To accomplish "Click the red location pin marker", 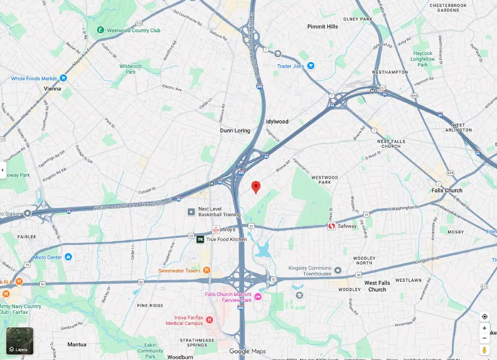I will click(256, 186).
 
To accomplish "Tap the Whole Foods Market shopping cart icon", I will click(64, 78).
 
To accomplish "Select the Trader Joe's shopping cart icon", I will click(311, 66).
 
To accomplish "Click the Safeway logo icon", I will click(332, 226).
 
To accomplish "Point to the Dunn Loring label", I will click(235, 131).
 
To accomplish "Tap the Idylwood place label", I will click(277, 121).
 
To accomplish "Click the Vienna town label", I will click(52, 89).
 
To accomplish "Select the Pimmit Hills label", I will click(322, 27).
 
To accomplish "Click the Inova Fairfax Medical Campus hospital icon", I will click(209, 320).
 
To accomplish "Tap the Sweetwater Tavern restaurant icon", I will click(207, 270).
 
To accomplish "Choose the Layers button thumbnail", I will click(20, 341).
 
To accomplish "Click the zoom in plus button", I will click(484, 328).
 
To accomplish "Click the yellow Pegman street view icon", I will click(484, 350).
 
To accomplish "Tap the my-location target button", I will click(484, 316).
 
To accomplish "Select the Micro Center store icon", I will click(69, 257).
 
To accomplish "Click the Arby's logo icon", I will click(216, 230).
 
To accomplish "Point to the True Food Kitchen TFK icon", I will click(200, 239).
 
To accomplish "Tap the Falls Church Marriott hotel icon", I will click(258, 297).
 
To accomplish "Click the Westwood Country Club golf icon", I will click(100, 30).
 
